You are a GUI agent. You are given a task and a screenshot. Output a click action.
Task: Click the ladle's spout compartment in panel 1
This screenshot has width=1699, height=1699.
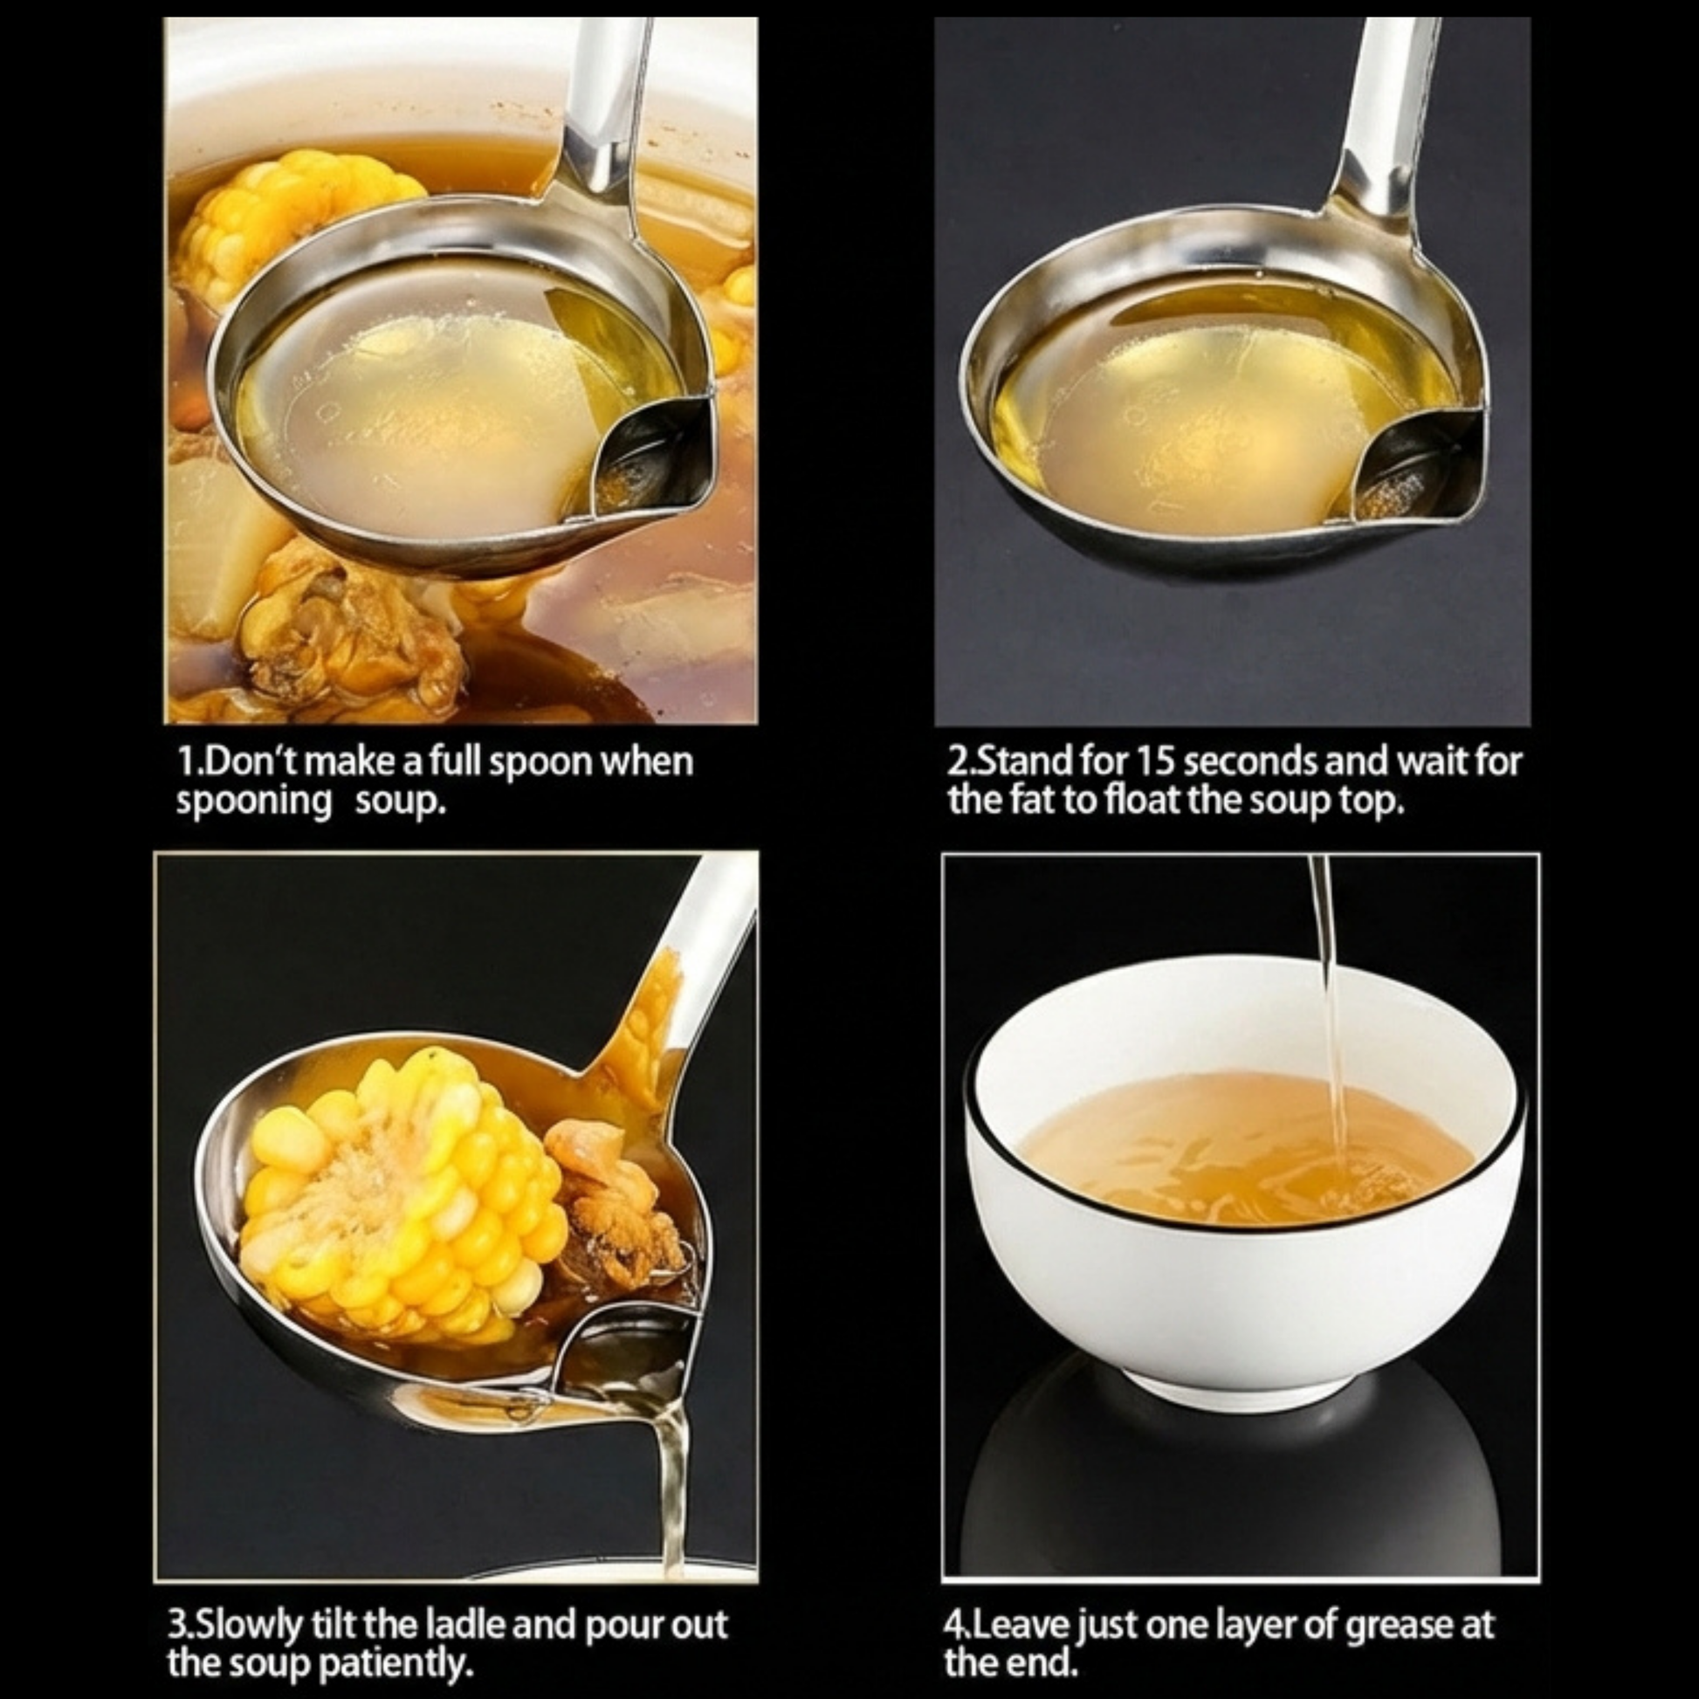pos(652,457)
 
